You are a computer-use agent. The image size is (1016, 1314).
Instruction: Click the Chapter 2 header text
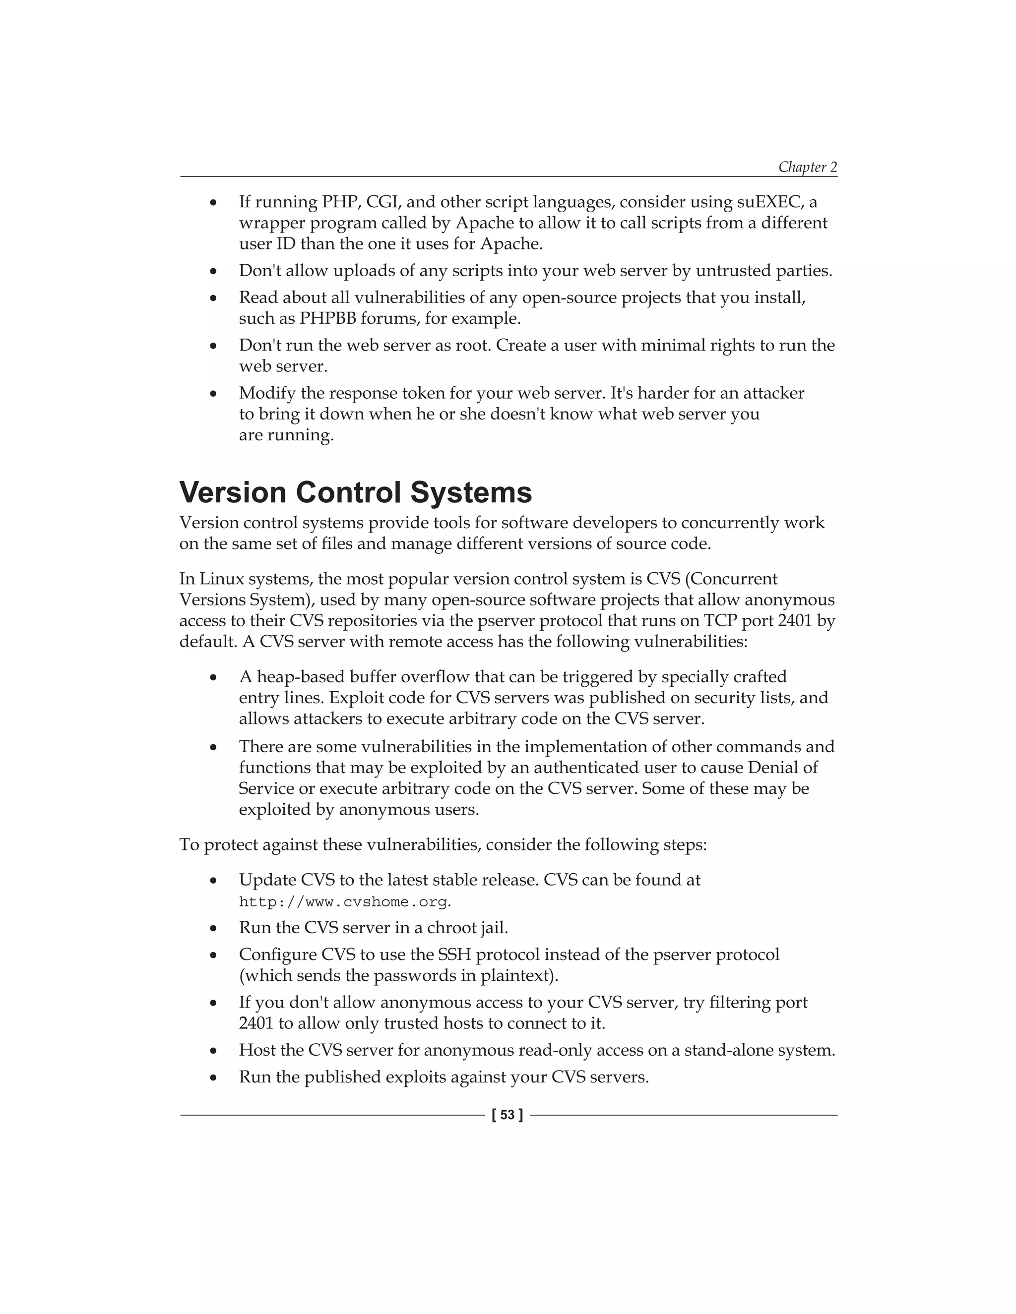[x=807, y=167]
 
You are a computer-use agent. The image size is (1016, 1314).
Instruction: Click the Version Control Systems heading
[x=356, y=492]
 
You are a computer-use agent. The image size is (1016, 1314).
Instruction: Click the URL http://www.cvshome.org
[x=343, y=902]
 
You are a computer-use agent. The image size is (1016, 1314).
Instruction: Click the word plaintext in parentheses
[x=517, y=975]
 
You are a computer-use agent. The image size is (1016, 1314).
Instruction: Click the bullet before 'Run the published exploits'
[x=213, y=1077]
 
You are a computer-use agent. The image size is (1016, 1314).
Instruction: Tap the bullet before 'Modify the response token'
[x=213, y=394]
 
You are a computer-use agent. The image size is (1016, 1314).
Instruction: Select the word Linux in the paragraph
[x=220, y=579]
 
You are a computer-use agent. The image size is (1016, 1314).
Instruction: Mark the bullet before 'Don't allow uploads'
[x=213, y=272]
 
